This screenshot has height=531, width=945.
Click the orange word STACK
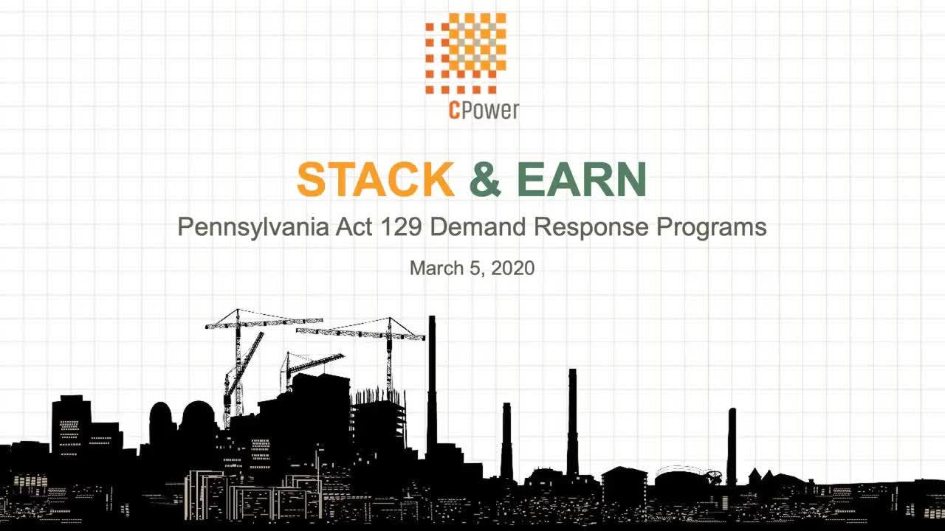coord(376,179)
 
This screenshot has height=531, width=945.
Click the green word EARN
coord(582,179)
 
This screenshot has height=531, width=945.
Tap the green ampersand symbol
coord(485,179)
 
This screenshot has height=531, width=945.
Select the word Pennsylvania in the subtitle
coord(253,228)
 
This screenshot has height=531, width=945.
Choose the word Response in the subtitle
coord(591,228)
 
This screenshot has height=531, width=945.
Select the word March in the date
coord(436,268)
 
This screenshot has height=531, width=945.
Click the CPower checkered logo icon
coord(466,54)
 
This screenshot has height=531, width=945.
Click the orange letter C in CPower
coord(453,111)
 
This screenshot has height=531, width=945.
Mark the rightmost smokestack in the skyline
coord(732,447)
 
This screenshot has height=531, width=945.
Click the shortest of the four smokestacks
coord(506,440)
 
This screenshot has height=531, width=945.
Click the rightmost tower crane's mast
coord(389,358)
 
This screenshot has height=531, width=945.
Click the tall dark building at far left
coord(71,425)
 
